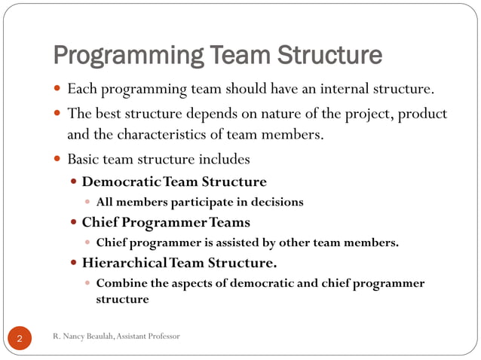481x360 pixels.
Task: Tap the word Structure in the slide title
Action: tap(329, 56)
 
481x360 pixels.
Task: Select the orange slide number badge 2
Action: tap(19, 338)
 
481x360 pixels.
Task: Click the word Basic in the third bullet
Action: tap(82, 160)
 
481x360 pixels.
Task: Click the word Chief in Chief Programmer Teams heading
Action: tap(100, 222)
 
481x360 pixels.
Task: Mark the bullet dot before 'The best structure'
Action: tap(59, 114)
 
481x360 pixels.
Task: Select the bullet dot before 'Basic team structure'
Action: tap(59, 160)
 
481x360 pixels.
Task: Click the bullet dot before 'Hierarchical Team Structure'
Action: tap(73, 264)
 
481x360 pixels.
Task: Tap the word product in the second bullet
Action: tap(422, 114)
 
